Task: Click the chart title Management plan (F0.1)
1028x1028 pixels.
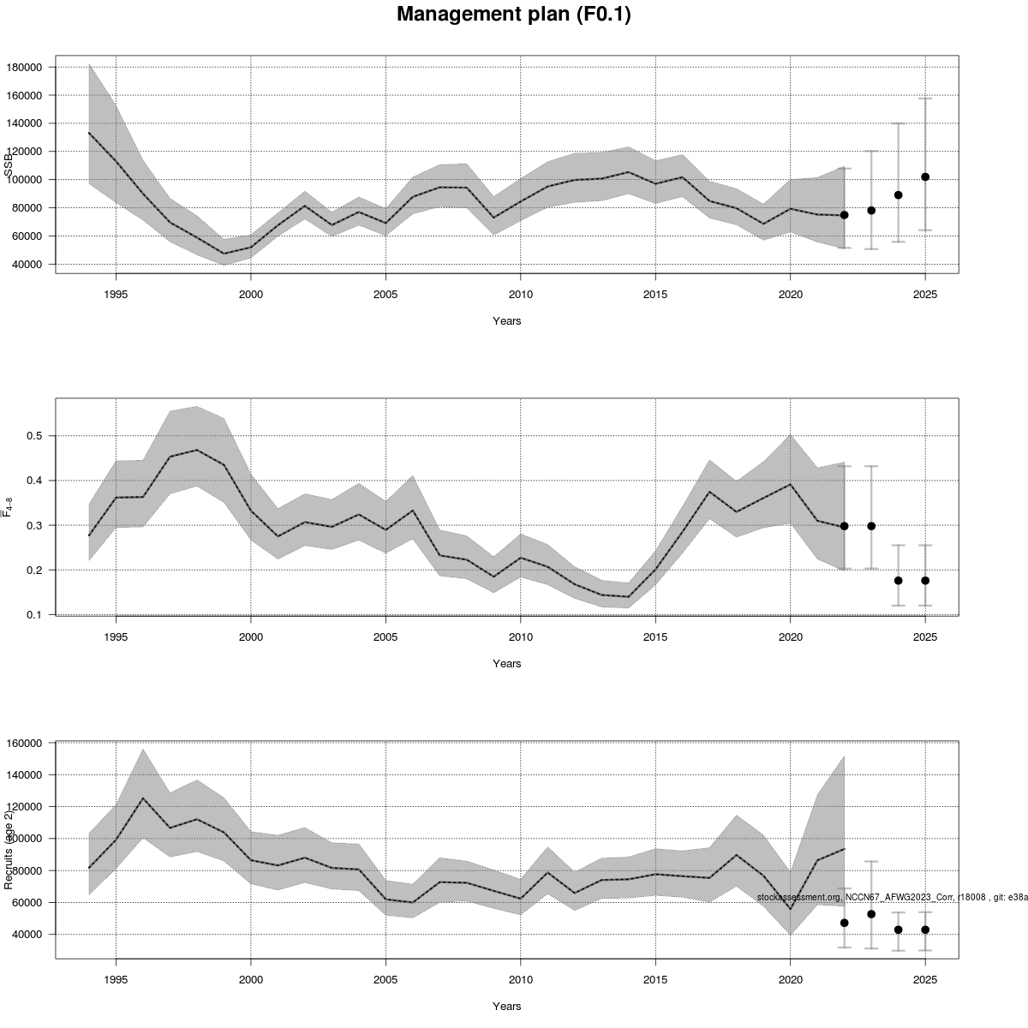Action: point(514,15)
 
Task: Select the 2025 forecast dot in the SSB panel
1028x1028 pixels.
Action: point(925,176)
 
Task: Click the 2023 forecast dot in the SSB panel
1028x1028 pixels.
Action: point(871,210)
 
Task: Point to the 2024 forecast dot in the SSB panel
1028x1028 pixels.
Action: point(899,194)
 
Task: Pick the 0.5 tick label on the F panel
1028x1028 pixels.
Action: point(34,435)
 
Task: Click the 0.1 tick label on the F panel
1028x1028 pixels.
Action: point(34,614)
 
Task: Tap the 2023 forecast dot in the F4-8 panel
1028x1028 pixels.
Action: point(871,526)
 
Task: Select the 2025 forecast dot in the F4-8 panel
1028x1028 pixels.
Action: point(925,580)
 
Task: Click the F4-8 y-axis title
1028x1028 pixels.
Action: point(9,506)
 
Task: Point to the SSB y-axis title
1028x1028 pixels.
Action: point(9,164)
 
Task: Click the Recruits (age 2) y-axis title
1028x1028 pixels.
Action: point(9,848)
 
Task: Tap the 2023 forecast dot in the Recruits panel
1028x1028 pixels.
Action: point(871,914)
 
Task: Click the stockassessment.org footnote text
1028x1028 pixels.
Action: point(891,897)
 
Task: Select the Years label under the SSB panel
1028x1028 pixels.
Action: point(506,321)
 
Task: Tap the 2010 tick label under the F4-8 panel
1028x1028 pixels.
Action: point(520,637)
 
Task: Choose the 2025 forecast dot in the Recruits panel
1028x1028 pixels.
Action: point(925,929)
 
